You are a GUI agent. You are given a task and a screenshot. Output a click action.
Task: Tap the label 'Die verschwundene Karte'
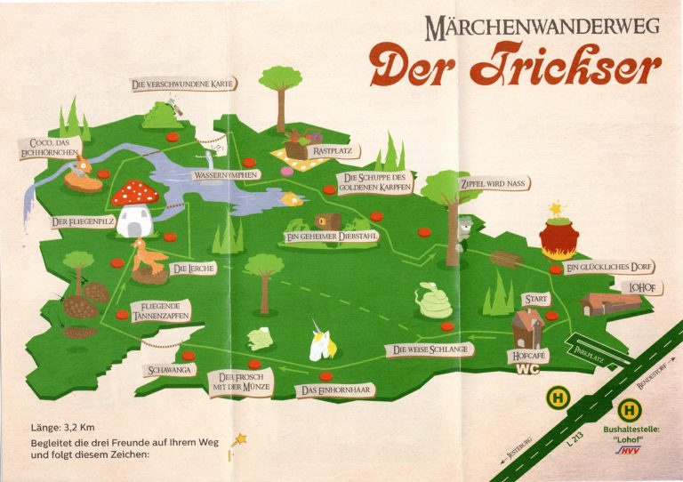[x=183, y=84]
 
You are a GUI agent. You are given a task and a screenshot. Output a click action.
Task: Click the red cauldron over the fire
[x=558, y=236]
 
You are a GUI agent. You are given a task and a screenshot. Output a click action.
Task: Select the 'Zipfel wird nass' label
[x=493, y=184]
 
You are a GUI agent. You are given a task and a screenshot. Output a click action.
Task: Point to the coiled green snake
[x=434, y=303]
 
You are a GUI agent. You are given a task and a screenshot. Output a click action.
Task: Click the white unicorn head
[x=319, y=344]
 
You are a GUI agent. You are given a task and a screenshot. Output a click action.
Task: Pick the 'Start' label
[x=536, y=299]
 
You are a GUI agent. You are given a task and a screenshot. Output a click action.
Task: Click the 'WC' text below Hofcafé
[x=528, y=369]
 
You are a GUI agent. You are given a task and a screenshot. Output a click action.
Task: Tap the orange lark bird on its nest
[x=148, y=259]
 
